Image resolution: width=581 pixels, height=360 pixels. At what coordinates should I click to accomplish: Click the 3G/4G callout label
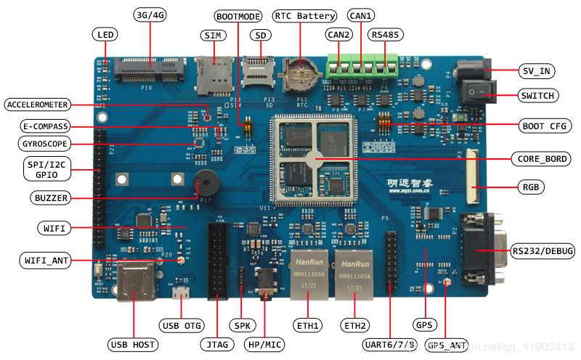[150, 15]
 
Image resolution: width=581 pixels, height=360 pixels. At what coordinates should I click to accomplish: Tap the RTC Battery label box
[305, 15]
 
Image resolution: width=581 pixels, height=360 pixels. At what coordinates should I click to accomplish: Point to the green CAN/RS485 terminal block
[362, 66]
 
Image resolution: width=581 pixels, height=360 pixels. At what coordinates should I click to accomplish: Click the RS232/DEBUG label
[543, 251]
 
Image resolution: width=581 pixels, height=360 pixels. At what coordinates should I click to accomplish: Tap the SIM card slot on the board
[209, 74]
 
